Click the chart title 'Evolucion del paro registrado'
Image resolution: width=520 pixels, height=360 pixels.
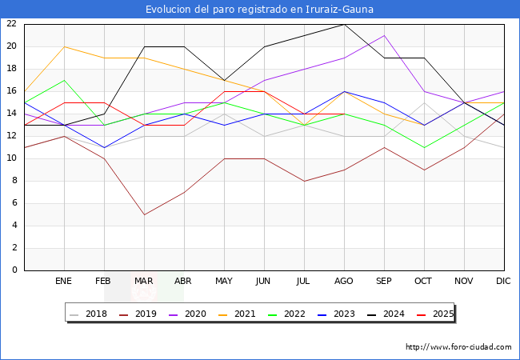259,10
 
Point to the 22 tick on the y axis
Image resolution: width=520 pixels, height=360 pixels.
11,24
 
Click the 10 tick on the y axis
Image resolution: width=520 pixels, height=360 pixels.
11,158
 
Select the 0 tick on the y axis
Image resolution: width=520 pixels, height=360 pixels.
14,270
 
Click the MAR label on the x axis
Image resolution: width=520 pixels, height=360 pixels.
144,282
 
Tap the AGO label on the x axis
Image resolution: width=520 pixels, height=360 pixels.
344,282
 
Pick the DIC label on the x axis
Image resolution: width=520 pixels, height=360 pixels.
503,282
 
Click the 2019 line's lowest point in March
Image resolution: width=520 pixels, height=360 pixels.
144,214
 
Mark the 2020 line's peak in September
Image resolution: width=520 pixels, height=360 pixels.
384,35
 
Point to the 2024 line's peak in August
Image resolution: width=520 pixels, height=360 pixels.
344,24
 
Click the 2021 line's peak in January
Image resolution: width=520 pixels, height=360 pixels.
64,46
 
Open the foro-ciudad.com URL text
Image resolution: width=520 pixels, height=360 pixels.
458,347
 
